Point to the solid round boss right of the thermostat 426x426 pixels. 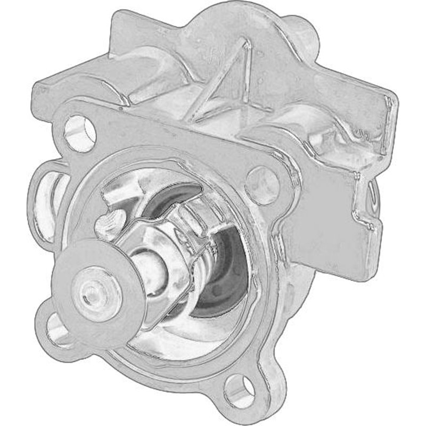click(x=261, y=184)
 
